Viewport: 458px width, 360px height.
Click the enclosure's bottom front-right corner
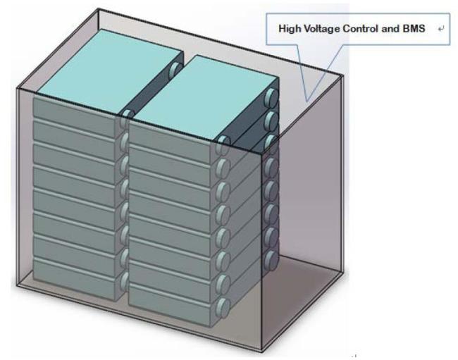[x=261, y=349]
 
